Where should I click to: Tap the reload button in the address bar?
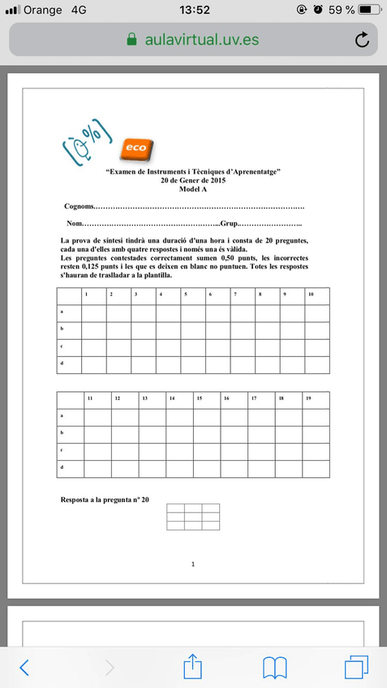362,40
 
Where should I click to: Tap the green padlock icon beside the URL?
132,40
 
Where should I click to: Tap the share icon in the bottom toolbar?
191,665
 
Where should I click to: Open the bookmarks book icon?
275,667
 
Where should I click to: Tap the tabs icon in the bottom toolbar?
356,666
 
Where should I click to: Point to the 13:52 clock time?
193,10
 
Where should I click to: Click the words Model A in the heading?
193,187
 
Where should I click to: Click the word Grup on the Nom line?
228,224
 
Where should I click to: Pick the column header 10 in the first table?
311,295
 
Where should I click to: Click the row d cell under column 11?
98,469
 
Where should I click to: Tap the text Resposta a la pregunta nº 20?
105,500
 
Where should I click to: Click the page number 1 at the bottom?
192,563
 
